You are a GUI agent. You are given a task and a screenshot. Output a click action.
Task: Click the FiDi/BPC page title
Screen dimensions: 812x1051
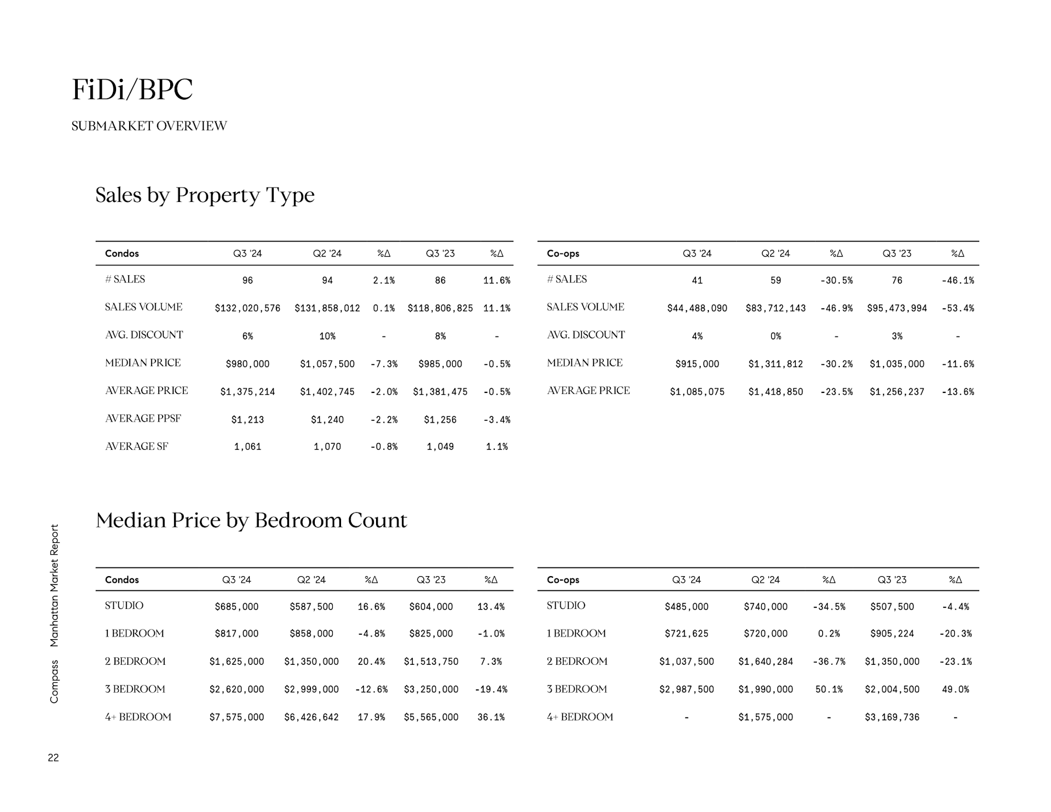[132, 89]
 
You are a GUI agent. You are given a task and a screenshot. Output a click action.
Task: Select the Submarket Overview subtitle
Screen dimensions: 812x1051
[149, 126]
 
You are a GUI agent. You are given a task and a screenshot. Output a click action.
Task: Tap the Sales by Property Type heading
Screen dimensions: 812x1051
[205, 195]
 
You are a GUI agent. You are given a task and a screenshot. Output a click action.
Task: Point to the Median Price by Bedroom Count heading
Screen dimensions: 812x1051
[251, 520]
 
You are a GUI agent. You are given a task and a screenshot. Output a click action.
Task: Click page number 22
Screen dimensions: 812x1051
[53, 757]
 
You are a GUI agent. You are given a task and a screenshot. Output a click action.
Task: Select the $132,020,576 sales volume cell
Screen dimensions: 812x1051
[247, 308]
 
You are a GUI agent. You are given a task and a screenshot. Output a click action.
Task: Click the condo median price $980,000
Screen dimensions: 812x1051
[247, 364]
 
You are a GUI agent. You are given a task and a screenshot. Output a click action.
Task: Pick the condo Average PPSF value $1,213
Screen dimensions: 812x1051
[247, 420]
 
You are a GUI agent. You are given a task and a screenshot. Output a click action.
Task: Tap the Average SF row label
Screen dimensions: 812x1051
[136, 446]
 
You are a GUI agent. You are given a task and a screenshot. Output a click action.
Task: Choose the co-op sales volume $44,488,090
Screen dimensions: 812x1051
[697, 308]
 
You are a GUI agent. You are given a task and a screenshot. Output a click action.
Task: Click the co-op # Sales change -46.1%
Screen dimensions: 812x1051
[957, 280]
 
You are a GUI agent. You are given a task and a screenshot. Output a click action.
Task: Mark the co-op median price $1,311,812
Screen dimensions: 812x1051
[775, 364]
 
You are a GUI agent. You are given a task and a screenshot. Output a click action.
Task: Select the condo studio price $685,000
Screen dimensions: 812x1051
[236, 606]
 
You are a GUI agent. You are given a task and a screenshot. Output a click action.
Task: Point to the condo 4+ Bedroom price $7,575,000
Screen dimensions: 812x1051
[236, 717]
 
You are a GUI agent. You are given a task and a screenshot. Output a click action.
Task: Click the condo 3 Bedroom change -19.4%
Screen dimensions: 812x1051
[491, 689]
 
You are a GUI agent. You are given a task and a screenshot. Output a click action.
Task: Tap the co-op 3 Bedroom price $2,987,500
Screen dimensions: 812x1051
[686, 689]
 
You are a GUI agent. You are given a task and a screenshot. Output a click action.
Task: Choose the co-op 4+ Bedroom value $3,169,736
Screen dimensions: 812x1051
[892, 717]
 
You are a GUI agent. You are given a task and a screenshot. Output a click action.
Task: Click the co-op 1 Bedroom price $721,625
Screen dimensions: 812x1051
[686, 633]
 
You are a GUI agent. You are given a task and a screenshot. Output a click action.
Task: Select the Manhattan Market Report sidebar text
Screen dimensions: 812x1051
[54, 585]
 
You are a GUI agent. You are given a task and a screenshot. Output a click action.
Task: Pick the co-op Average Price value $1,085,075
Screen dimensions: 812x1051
[697, 392]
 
